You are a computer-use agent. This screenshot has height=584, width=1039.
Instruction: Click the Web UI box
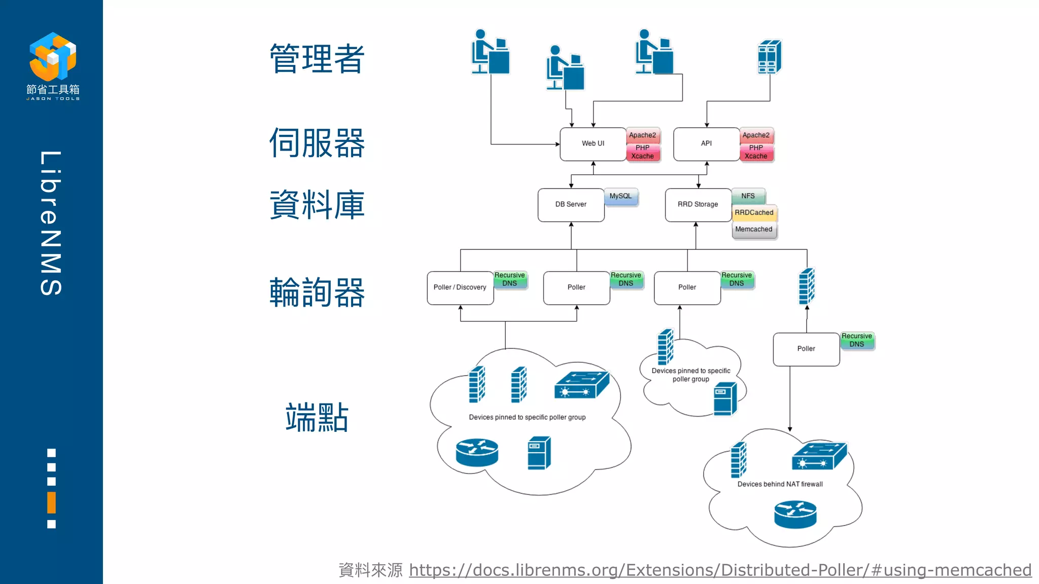tap(593, 144)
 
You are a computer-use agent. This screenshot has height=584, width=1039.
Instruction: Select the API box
tap(706, 144)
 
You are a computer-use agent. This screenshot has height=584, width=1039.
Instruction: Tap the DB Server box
tap(571, 204)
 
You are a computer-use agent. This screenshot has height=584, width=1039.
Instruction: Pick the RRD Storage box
tap(698, 204)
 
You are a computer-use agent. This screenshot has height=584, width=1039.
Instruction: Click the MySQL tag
tap(620, 197)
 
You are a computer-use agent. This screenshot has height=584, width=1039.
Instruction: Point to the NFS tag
tap(748, 196)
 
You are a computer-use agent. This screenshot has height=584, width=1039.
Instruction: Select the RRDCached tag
tap(754, 213)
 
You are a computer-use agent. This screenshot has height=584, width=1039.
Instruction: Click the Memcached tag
tap(754, 230)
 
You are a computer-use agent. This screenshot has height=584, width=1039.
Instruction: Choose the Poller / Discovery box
tap(460, 287)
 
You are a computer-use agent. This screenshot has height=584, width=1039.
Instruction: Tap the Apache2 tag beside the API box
tap(756, 135)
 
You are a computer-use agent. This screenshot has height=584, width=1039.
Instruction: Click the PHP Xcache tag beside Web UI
tap(642, 152)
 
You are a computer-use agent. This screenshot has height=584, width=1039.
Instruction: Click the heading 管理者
tap(317, 59)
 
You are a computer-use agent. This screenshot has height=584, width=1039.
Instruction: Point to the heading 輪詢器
tap(317, 293)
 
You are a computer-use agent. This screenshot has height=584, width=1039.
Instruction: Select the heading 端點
tap(317, 418)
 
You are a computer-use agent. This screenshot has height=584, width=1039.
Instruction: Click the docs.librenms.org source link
tap(720, 570)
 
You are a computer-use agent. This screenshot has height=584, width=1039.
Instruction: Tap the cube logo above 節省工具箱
tap(53, 56)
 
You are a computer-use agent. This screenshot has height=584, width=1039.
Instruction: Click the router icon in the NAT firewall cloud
tap(795, 515)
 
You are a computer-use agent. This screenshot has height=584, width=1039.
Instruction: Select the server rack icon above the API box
tap(769, 57)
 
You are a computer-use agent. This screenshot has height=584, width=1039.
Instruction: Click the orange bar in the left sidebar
tap(51, 502)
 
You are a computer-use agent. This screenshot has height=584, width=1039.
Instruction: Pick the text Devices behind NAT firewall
tap(780, 485)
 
